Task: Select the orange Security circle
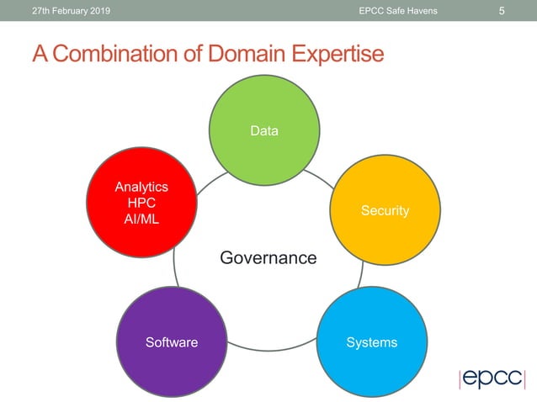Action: point(385,210)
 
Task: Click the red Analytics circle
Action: point(141,203)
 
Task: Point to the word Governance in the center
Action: point(268,257)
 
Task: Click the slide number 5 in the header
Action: point(502,11)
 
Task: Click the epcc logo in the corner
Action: point(492,378)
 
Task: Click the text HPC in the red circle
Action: point(141,203)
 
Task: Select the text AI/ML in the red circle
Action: point(141,219)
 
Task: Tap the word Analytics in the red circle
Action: point(141,187)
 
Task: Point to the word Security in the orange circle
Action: point(385,210)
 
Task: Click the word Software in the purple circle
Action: point(172,342)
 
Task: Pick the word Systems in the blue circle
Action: point(371,342)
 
